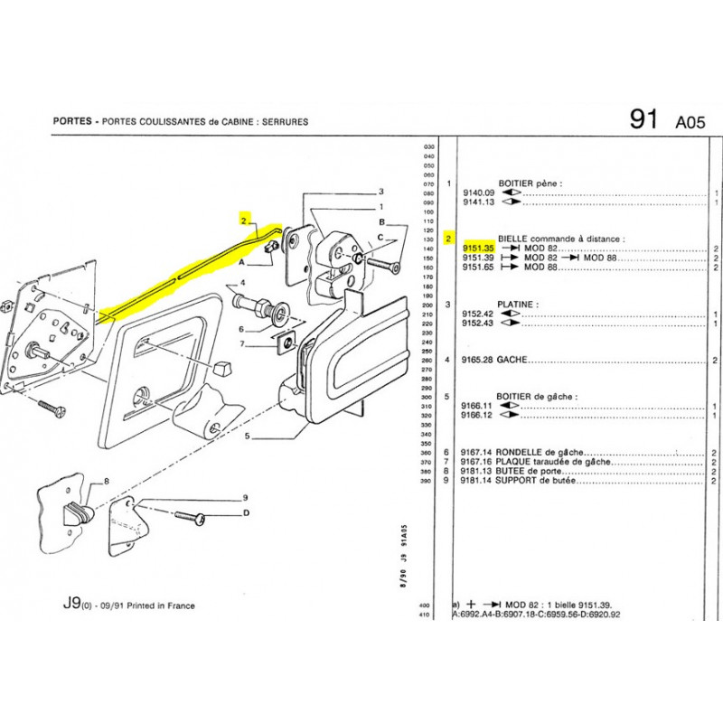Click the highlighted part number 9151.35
[x=477, y=249]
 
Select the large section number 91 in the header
[x=643, y=120]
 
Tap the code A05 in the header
[x=689, y=123]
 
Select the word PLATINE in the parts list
[x=519, y=305]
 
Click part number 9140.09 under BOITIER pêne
[x=478, y=192]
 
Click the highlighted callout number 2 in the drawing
[x=243, y=220]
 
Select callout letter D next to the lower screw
[x=245, y=514]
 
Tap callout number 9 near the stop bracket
[x=244, y=498]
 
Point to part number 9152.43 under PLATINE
[x=478, y=324]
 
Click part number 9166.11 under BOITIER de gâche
[x=478, y=406]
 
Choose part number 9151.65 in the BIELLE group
[x=478, y=268]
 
